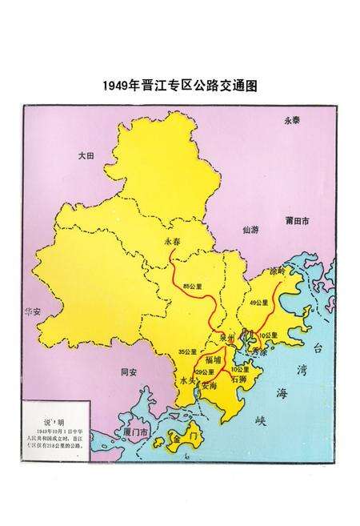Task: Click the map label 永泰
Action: coord(293,120)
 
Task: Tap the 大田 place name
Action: coord(86,158)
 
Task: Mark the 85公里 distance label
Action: coord(193,285)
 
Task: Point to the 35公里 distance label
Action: coord(187,352)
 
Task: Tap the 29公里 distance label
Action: coord(205,372)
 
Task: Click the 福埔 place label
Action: coord(214,359)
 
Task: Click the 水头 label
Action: coord(188,382)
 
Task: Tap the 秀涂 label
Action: coord(259,351)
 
